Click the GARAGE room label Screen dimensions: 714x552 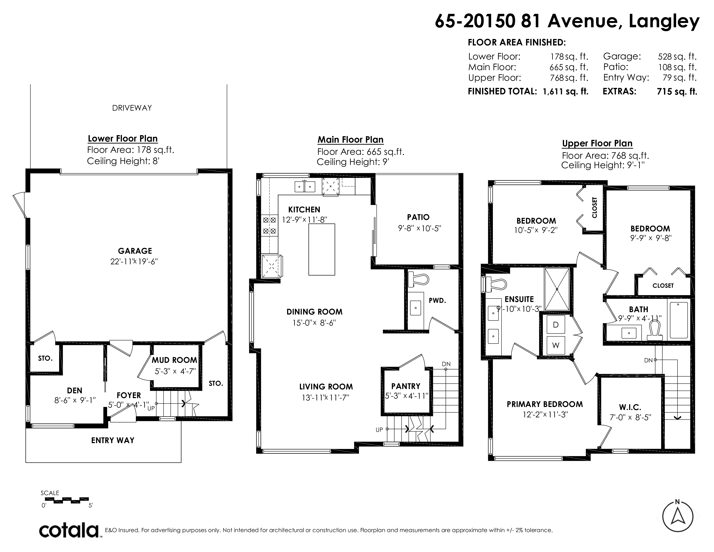pos(135,251)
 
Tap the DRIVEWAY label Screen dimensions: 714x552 pos(132,108)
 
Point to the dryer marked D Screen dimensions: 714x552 pos(556,324)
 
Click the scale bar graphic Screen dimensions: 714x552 pos(67,500)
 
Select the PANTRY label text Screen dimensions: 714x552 pos(406,386)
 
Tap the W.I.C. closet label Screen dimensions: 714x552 pos(630,407)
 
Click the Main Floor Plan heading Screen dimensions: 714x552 pos(351,140)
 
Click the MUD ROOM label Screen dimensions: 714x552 pos(174,360)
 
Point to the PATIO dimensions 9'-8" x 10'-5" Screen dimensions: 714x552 pos(420,228)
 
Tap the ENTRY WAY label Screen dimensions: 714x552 pos(113,441)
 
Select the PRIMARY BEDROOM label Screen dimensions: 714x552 pos(545,404)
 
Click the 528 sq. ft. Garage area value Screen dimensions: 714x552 pos(677,56)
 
